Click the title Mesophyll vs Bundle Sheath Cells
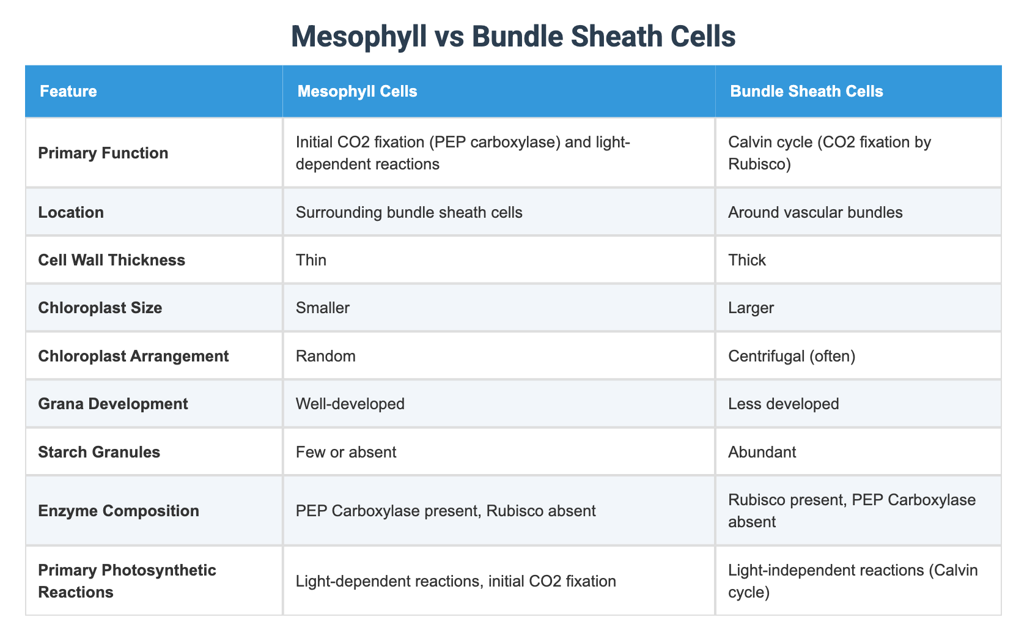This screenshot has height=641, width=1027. pyautogui.click(x=513, y=37)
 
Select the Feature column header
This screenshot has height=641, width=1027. pyautogui.click(x=68, y=92)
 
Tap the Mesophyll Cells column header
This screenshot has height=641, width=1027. pyautogui.click(x=357, y=92)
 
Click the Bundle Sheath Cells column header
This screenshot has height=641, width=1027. pyautogui.click(x=806, y=92)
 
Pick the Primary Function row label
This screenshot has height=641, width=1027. pyautogui.click(x=103, y=153)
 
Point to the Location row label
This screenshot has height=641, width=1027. pyautogui.click(x=71, y=212)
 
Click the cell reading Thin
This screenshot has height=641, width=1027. pyautogui.click(x=311, y=260)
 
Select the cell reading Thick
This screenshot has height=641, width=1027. pyautogui.click(x=747, y=260)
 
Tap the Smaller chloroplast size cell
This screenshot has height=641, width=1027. pyautogui.click(x=322, y=308)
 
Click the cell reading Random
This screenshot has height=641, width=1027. pyautogui.click(x=325, y=356)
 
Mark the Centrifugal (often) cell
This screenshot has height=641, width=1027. pyautogui.click(x=792, y=356)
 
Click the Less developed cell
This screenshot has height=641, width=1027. pyautogui.click(x=784, y=404)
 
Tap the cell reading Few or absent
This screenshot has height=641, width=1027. pyautogui.click(x=346, y=452)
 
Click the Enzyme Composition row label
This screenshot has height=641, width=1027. pyautogui.click(x=119, y=511)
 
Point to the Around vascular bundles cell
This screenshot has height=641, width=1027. pyautogui.click(x=815, y=212)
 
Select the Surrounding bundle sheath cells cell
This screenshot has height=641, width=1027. pyautogui.click(x=409, y=212)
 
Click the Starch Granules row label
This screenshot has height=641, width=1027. pyautogui.click(x=99, y=452)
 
